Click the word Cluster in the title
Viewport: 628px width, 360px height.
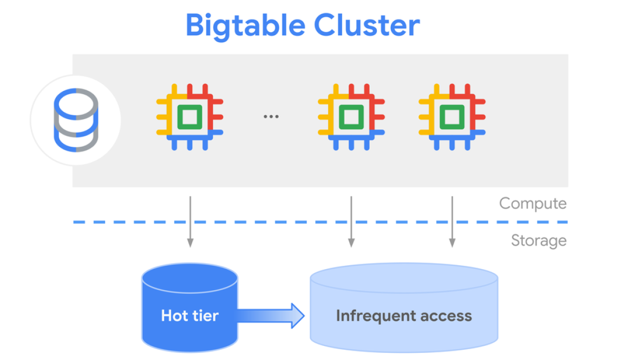point(367,25)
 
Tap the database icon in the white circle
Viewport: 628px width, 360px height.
point(76,120)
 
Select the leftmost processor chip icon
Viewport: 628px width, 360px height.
point(189,116)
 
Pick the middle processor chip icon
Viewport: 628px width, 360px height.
point(351,116)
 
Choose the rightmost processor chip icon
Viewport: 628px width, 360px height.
point(452,116)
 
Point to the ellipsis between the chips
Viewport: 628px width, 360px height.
point(271,116)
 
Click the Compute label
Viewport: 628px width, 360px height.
point(532,204)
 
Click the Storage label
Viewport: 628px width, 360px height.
point(538,240)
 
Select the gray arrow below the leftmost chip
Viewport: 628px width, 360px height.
point(190,222)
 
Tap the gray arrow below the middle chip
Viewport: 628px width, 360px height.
point(351,222)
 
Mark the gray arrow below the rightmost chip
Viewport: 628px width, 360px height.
point(452,222)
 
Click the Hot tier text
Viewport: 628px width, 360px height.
point(189,316)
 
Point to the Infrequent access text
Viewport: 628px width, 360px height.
point(403,316)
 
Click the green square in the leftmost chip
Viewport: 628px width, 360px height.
point(189,116)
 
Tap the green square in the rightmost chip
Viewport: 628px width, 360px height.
point(452,116)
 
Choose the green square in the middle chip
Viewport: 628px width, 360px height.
point(351,116)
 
